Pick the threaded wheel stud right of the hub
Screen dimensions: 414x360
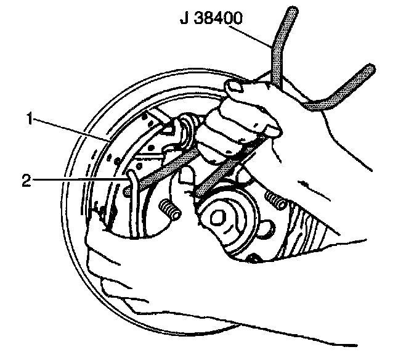tap(275, 199)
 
